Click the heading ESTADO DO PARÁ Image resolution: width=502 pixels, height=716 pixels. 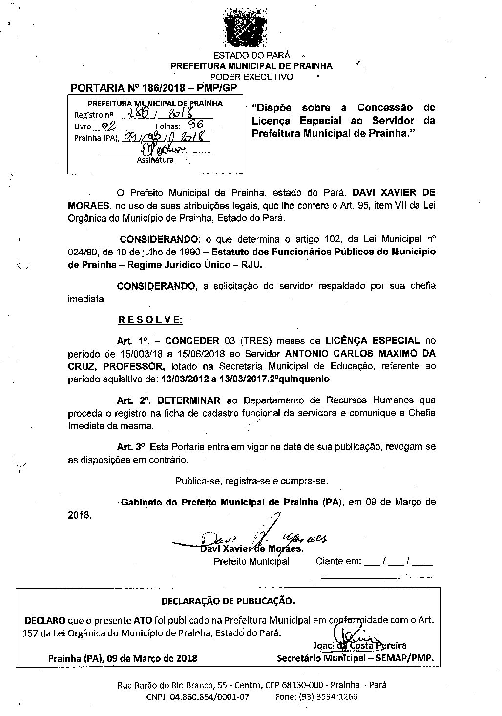(x=251, y=55)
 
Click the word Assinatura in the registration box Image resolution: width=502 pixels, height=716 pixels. (x=155, y=160)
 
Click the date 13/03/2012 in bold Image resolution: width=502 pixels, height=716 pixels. (x=183, y=379)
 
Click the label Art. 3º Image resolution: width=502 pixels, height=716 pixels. (x=131, y=447)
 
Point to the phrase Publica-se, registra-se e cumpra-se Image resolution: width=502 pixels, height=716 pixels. (x=251, y=481)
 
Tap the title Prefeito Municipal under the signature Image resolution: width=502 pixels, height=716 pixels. (x=251, y=561)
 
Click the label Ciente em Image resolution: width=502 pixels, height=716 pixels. (x=338, y=561)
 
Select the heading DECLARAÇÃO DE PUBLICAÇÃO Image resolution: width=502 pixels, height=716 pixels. (x=228, y=600)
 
